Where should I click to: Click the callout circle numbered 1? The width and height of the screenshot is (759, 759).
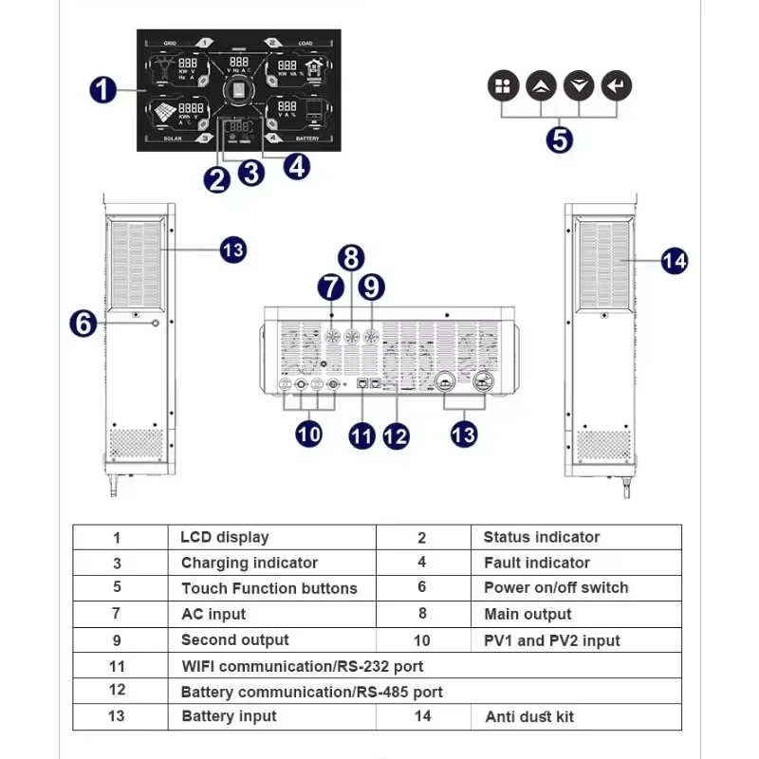click(x=103, y=91)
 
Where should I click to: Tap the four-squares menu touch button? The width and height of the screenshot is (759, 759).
click(x=503, y=86)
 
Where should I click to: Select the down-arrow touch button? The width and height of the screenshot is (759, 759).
click(x=578, y=86)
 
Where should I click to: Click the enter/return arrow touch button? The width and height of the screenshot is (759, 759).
click(x=616, y=86)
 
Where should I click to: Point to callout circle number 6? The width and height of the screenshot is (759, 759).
click(x=83, y=323)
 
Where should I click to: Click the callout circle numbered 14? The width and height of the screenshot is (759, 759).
click(x=674, y=260)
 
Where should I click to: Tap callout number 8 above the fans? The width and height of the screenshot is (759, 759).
click(x=352, y=257)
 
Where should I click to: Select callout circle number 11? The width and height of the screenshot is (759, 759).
click(x=361, y=435)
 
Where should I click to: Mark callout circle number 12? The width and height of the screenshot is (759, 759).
click(x=396, y=435)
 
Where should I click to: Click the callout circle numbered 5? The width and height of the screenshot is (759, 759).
click(x=560, y=139)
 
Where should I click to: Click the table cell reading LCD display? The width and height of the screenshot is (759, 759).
click(x=225, y=537)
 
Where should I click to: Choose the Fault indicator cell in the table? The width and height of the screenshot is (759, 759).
click(x=536, y=563)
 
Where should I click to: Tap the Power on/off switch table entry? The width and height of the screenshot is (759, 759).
click(x=556, y=588)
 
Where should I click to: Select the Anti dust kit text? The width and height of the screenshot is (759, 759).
click(x=529, y=717)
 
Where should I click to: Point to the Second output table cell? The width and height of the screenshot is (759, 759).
click(x=235, y=640)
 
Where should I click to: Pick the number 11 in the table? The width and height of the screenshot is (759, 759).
click(x=117, y=666)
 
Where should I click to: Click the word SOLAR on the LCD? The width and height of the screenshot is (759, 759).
click(x=172, y=139)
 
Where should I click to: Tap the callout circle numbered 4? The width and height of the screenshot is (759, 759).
click(x=297, y=166)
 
